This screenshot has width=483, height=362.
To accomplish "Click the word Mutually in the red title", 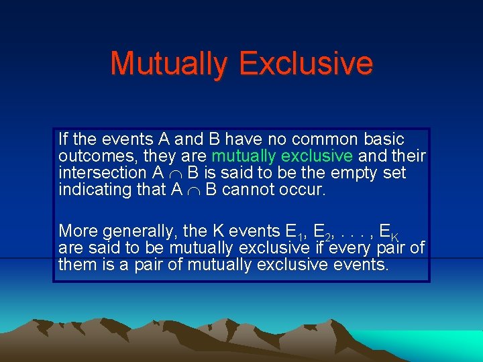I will (168, 64).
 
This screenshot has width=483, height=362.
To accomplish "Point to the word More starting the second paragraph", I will (75, 231).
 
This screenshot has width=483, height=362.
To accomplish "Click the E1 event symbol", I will (294, 232).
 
